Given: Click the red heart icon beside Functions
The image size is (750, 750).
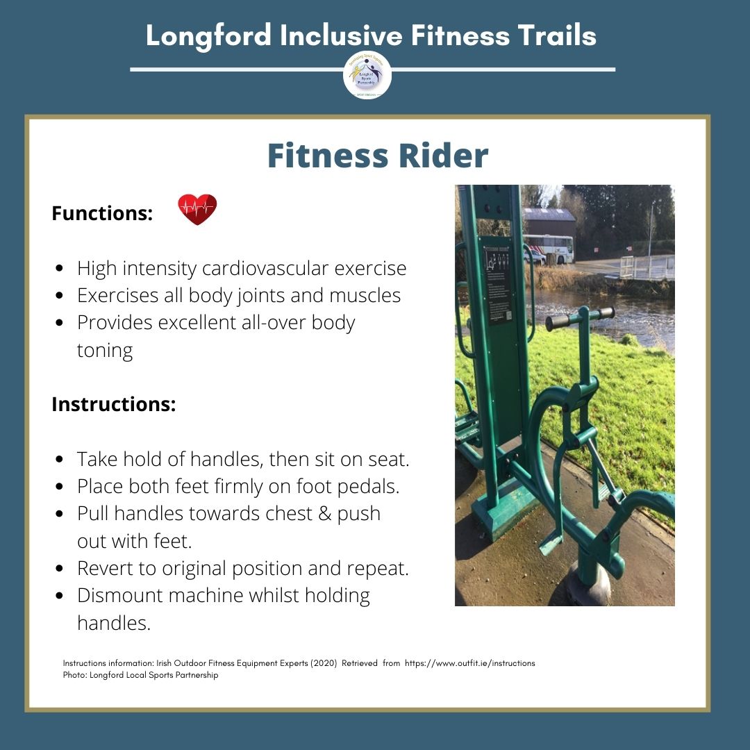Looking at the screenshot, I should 197,209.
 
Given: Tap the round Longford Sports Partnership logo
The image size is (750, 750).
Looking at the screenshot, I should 367,75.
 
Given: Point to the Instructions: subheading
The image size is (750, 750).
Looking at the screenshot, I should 113,404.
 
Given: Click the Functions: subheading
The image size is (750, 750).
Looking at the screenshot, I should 102,213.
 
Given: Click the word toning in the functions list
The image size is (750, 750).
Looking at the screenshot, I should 104,350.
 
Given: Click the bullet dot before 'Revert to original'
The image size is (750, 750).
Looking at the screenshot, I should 61,569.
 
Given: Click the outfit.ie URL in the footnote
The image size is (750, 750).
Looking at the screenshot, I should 469,663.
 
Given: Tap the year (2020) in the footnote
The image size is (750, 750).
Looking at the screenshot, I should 319,663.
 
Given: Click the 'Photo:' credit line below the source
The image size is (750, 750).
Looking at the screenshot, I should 140,675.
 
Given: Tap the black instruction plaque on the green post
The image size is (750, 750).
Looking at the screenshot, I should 497,285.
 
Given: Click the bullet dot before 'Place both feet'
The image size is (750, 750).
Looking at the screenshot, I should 61,487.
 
